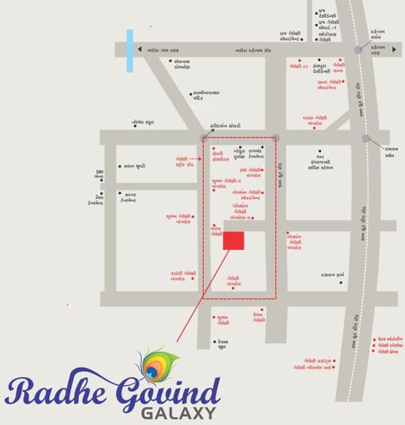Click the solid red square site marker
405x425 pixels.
tap(233, 241)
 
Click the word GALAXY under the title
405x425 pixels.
tap(183, 414)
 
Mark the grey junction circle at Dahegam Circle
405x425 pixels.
tap(358, 50)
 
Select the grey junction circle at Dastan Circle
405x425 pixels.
tap(366, 138)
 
